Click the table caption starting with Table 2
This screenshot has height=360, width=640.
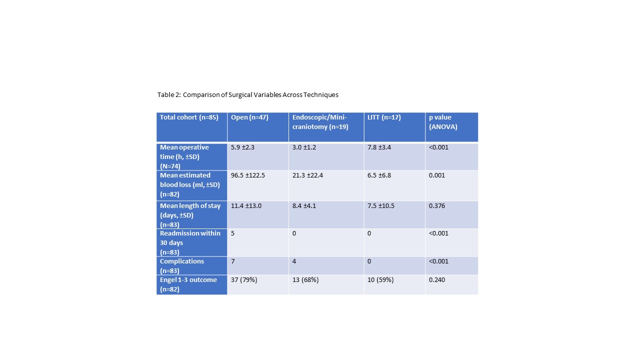[x=247, y=94]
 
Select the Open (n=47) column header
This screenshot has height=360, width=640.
[x=249, y=117]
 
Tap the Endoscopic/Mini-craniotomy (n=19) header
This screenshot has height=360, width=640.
[x=320, y=122]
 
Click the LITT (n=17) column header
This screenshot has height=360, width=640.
[x=384, y=117]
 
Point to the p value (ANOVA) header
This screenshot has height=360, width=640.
[x=443, y=122]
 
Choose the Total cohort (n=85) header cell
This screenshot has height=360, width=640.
[x=189, y=117]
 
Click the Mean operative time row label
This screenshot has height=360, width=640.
[x=184, y=156]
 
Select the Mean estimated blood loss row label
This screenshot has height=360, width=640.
[x=189, y=185]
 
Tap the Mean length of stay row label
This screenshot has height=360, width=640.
[x=190, y=214]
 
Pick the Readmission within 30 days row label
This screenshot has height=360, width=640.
[x=190, y=242]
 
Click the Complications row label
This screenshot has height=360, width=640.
[x=182, y=265]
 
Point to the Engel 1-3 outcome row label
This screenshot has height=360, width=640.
[x=188, y=284]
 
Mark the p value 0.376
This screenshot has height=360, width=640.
[x=437, y=206]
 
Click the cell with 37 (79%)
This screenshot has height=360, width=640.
[x=244, y=280]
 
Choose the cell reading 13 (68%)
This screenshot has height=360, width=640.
[x=305, y=280]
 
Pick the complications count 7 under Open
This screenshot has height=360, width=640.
[x=233, y=261]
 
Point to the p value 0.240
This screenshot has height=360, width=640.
[x=437, y=280]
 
